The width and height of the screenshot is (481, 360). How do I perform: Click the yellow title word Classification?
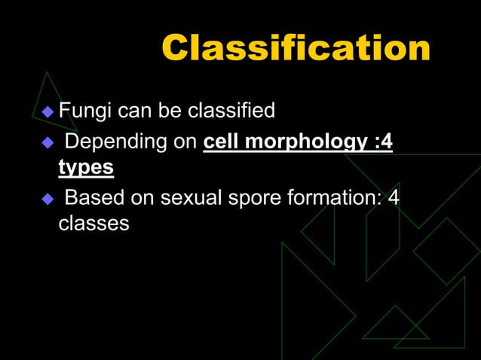296,50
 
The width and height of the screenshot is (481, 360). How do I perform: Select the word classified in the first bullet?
232,112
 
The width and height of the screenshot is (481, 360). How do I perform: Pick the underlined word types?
86,166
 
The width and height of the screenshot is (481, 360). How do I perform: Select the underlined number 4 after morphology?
386,142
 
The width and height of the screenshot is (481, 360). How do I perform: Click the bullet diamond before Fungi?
48,113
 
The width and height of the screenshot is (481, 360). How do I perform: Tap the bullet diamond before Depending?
48,144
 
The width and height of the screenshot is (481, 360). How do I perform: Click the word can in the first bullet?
135,113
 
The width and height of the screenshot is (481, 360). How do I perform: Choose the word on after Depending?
186,143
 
